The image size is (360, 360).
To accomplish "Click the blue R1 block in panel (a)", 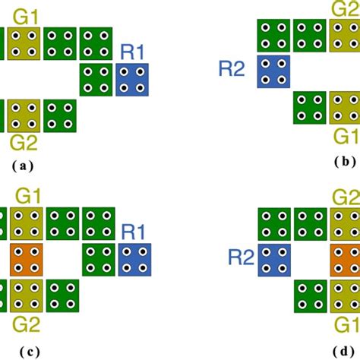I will point(134,80).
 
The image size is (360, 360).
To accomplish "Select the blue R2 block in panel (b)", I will point(274,71).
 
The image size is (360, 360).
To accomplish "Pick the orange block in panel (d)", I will point(346,261).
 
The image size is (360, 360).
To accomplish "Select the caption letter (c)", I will point(25,350).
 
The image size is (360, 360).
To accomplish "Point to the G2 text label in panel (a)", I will point(24,141).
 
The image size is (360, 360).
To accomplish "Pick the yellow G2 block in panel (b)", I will point(346,36).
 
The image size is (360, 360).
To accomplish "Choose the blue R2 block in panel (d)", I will point(274,261).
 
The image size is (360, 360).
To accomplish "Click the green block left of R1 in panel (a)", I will point(97,80).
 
